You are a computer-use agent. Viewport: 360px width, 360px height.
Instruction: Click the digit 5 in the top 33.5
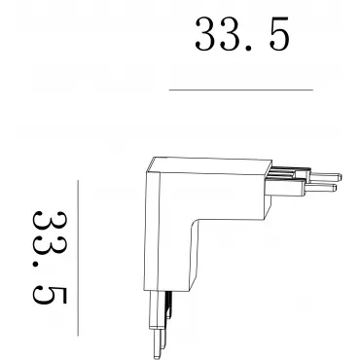(x=278, y=34)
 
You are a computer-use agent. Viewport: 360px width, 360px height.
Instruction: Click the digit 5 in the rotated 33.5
(x=50, y=295)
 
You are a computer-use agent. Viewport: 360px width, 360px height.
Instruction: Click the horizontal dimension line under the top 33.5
(x=241, y=90)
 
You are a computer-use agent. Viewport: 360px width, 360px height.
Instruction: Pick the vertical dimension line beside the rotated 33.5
(x=78, y=258)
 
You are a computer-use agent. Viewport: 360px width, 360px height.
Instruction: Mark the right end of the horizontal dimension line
(x=313, y=90)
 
